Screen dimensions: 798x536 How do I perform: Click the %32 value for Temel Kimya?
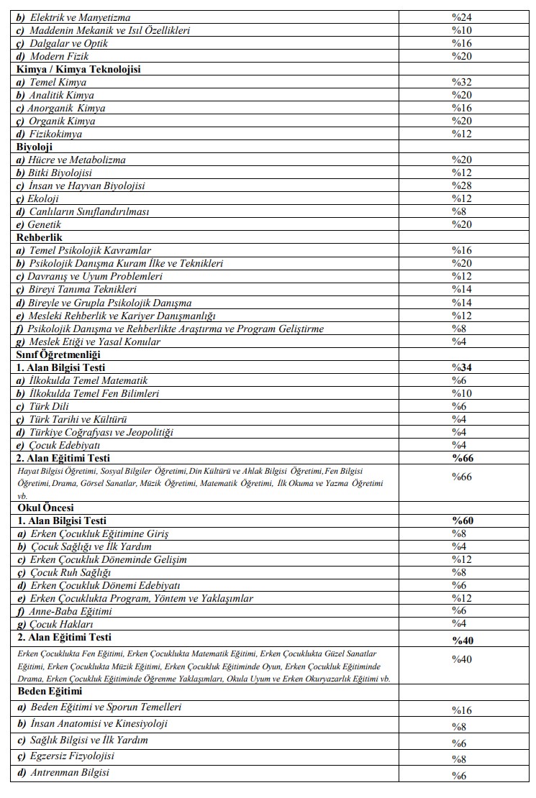point(461,82)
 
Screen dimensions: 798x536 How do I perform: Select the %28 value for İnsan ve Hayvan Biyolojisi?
point(461,185)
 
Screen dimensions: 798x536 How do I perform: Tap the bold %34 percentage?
point(462,367)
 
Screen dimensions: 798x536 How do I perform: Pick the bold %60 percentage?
point(462,520)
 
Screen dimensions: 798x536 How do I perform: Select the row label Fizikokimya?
point(55,134)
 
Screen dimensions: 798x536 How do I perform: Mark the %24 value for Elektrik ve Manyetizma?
point(461,17)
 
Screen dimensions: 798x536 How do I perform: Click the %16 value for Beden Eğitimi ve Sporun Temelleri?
point(461,710)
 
